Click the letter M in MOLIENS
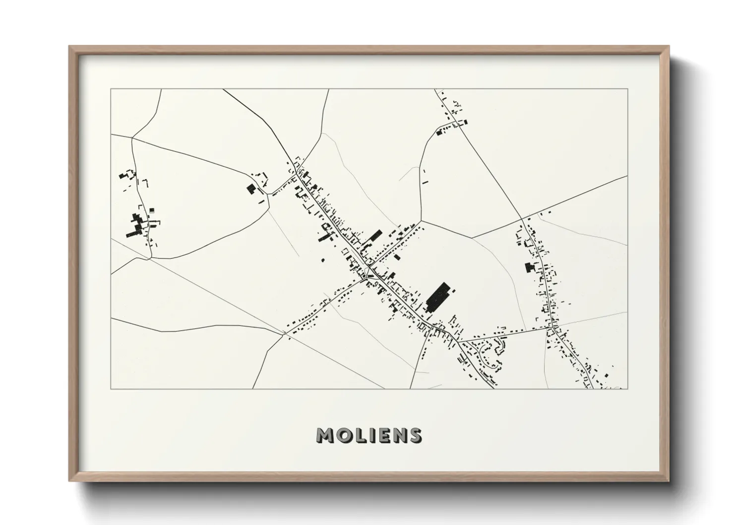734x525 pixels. pos(325,435)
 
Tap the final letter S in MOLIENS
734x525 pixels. pos(416,435)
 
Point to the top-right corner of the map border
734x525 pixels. pos(627,89)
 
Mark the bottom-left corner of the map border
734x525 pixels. pos(111,389)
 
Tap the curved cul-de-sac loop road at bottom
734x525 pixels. pos(489,355)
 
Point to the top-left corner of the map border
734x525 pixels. pos(111,89)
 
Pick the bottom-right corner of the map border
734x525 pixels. pos(627,389)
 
